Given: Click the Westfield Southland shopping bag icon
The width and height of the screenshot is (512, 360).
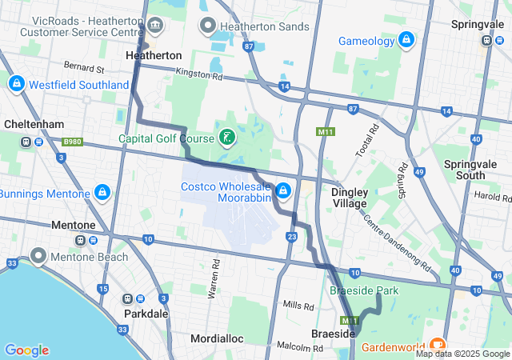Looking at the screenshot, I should pos(16,84).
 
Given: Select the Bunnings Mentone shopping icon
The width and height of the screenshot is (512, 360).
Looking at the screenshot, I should pos(102,194).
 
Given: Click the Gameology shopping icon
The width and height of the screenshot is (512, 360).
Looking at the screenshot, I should pos(406,39).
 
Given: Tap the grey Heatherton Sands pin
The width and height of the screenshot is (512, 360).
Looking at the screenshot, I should pos(208,26).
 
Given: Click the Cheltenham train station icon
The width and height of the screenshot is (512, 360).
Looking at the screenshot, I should pos(26,142).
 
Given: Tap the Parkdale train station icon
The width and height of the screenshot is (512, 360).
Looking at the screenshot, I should pos(128,298).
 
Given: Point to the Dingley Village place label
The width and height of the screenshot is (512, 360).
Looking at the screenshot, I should pos(350,198).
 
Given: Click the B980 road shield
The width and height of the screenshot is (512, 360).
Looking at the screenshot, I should pos(72,142).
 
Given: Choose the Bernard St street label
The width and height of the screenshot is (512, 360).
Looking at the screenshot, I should pos(84,69).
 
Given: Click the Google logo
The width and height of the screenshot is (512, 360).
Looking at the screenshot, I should pos(26,350).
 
